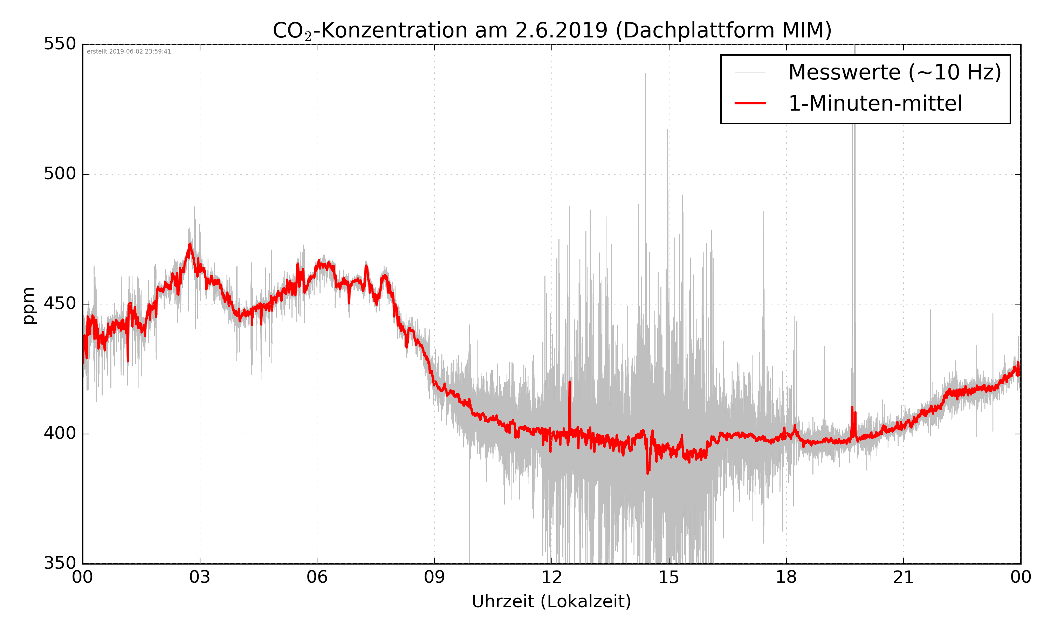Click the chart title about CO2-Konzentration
[x=552, y=30]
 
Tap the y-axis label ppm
[x=28, y=306]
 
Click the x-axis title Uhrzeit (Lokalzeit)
[x=551, y=601]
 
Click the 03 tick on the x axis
[x=200, y=577]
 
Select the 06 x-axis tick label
[x=317, y=577]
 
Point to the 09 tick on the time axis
[x=434, y=577]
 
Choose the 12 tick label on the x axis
[x=551, y=577]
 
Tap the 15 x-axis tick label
[x=669, y=577]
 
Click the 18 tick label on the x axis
[x=786, y=577]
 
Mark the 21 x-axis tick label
[x=903, y=577]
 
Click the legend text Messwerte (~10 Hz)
[x=895, y=72]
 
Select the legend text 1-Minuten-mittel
[x=875, y=104]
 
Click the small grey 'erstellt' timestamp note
[x=129, y=52]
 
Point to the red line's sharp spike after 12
[x=569, y=384]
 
